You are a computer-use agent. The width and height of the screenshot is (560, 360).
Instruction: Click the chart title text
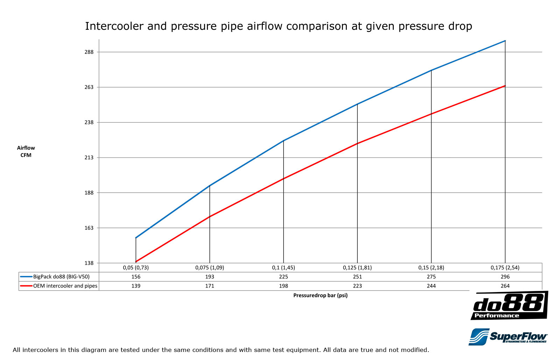tap(279, 26)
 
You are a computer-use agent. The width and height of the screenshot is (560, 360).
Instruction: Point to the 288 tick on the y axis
tap(89, 52)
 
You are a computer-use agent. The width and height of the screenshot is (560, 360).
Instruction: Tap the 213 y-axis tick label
tap(89, 158)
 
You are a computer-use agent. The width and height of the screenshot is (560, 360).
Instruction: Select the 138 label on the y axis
tap(89, 263)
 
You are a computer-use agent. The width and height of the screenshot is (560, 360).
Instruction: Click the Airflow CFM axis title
tap(26, 152)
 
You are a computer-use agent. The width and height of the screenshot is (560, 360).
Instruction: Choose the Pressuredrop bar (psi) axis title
tap(320, 295)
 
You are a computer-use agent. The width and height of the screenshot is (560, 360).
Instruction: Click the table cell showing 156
tap(136, 277)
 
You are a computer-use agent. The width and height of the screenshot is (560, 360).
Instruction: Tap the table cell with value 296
tap(505, 277)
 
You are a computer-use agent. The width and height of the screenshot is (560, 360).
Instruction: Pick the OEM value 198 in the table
tap(283, 286)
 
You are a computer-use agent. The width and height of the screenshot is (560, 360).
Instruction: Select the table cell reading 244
tap(431, 286)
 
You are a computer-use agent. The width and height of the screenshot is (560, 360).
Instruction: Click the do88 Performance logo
tap(509, 305)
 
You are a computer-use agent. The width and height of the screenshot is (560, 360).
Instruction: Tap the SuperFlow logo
tap(508, 337)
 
